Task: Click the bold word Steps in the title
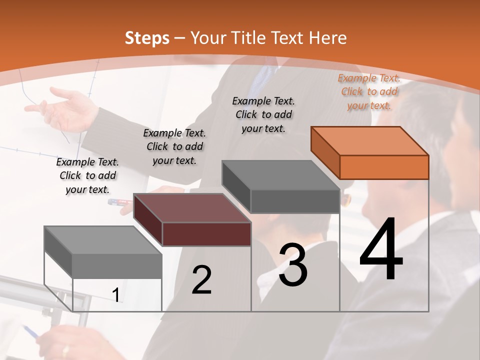[147, 38]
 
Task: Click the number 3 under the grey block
[293, 265]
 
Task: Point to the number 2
[201, 280]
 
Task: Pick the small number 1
[116, 295]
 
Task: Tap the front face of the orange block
[384, 167]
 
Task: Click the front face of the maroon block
[206, 234]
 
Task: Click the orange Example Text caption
[369, 91]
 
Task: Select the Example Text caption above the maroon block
[174, 146]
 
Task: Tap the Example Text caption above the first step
[87, 175]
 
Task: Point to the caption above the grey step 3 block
[263, 114]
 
